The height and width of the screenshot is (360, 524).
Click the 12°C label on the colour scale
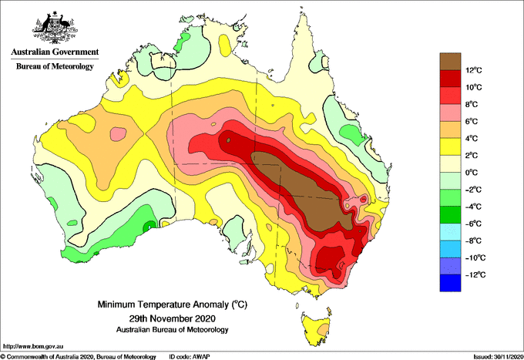coord(474,70)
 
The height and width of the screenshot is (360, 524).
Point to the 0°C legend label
coord(472,173)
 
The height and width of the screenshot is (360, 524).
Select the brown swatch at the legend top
coord(450,62)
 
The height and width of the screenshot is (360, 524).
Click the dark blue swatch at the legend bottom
coord(450,283)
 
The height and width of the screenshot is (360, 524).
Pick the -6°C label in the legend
coord(473,224)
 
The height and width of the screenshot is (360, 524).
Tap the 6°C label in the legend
coord(472,122)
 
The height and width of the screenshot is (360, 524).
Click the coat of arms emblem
coord(55,28)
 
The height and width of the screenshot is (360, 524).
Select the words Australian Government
coord(55,52)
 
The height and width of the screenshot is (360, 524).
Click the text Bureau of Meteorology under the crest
coord(55,66)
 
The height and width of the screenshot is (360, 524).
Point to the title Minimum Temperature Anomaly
coord(173,304)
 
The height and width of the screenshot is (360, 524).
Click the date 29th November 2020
coord(173,318)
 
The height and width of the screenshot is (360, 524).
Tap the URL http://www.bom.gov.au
coord(33,347)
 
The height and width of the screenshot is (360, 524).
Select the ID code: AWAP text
coord(190,357)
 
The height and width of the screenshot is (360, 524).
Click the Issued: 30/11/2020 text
coord(499,357)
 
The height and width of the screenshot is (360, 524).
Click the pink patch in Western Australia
coord(119,134)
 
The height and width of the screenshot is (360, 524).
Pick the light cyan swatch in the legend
coord(450,232)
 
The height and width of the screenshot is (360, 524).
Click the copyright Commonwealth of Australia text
coord(78,357)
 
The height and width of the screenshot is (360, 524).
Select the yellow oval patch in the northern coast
coord(224,45)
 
